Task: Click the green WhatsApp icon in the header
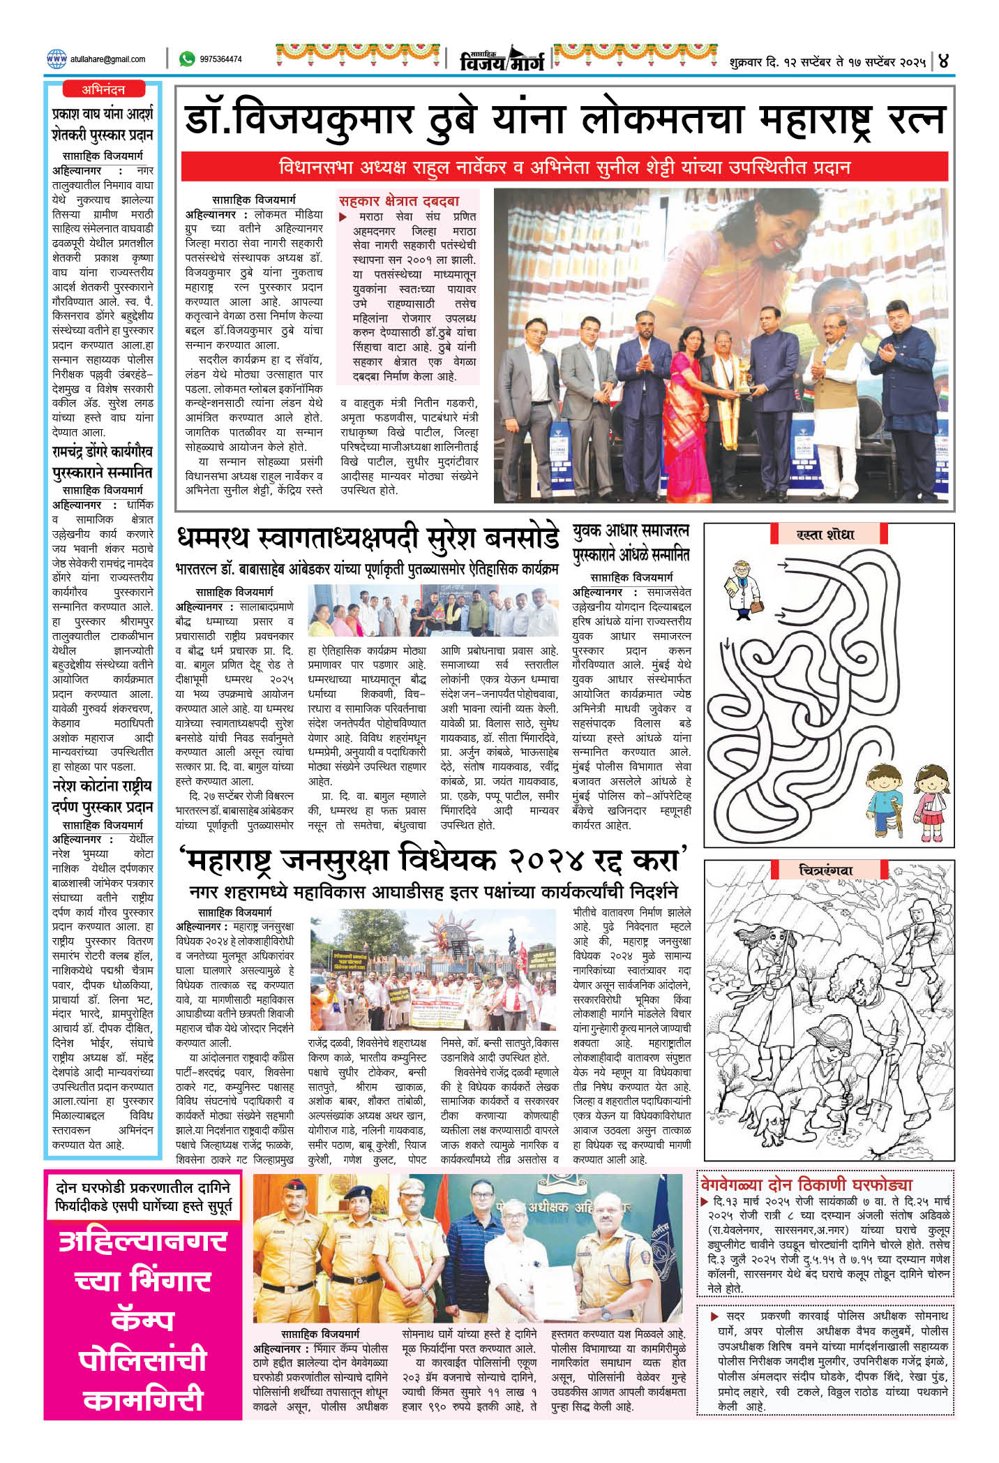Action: [187, 59]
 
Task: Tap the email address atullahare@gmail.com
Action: [107, 59]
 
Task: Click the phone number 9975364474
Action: [220, 59]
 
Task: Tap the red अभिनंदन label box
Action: [103, 89]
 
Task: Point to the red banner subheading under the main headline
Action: [564, 168]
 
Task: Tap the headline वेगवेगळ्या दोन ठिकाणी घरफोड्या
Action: [806, 1184]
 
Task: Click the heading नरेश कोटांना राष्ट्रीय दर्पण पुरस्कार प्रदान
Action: [103, 796]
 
